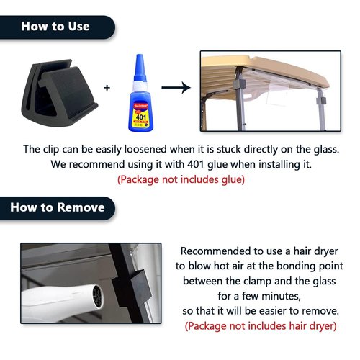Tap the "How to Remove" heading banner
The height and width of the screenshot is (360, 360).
[57, 208]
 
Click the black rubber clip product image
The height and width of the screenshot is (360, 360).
[59, 92]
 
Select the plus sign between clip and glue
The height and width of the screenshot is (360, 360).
[107, 88]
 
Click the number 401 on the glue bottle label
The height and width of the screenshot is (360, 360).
[141, 117]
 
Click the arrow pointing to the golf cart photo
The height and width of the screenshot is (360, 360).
[176, 87]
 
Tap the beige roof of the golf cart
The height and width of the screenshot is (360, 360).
[264, 68]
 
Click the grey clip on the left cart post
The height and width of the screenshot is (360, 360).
[239, 84]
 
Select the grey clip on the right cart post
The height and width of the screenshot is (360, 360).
[321, 101]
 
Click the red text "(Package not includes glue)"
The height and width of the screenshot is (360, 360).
[181, 179]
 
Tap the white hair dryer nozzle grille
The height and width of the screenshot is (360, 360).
[98, 297]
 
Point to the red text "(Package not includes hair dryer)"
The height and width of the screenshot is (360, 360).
[261, 326]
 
